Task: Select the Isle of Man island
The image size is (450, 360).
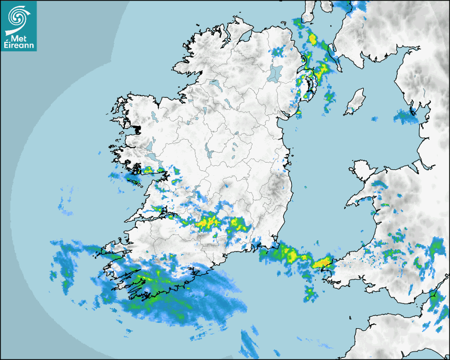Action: coord(355,101)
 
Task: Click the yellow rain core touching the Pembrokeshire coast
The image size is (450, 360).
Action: coord(321,262)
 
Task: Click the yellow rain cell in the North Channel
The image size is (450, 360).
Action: coord(312,39)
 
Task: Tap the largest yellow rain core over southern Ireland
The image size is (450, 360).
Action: coord(206,223)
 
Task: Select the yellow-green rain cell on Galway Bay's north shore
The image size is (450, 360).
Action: coord(148,170)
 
